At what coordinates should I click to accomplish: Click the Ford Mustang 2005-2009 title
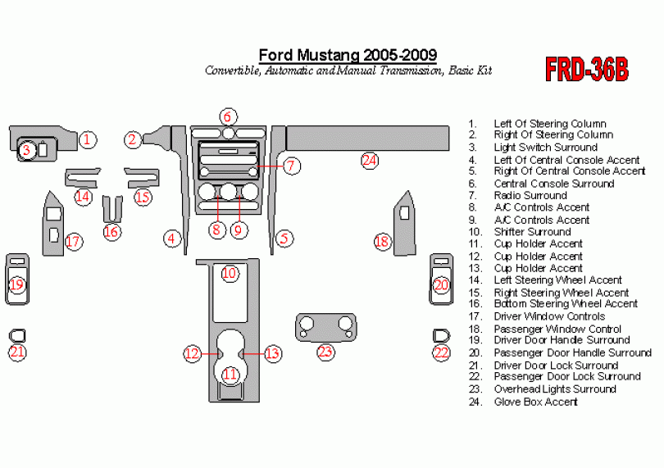pos(348,55)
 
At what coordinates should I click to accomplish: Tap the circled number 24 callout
pos(370,161)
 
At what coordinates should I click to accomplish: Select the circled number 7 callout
pos(292,166)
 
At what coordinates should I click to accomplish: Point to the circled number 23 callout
pos(326,352)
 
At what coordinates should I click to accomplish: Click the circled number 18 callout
pos(382,242)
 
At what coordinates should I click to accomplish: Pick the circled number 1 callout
pos(89,140)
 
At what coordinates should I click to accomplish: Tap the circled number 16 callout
pos(112,232)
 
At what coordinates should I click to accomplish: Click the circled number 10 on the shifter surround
pos(230,273)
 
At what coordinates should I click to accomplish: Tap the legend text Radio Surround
pos(530,196)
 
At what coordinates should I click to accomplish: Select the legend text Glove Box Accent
pos(535,402)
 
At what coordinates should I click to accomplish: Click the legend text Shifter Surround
pos(532,232)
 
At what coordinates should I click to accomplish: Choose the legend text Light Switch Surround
pos(545,148)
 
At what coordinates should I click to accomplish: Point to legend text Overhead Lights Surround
pos(554,389)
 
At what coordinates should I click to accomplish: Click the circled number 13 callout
pos(271,354)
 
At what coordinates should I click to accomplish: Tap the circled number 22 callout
pos(442,353)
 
